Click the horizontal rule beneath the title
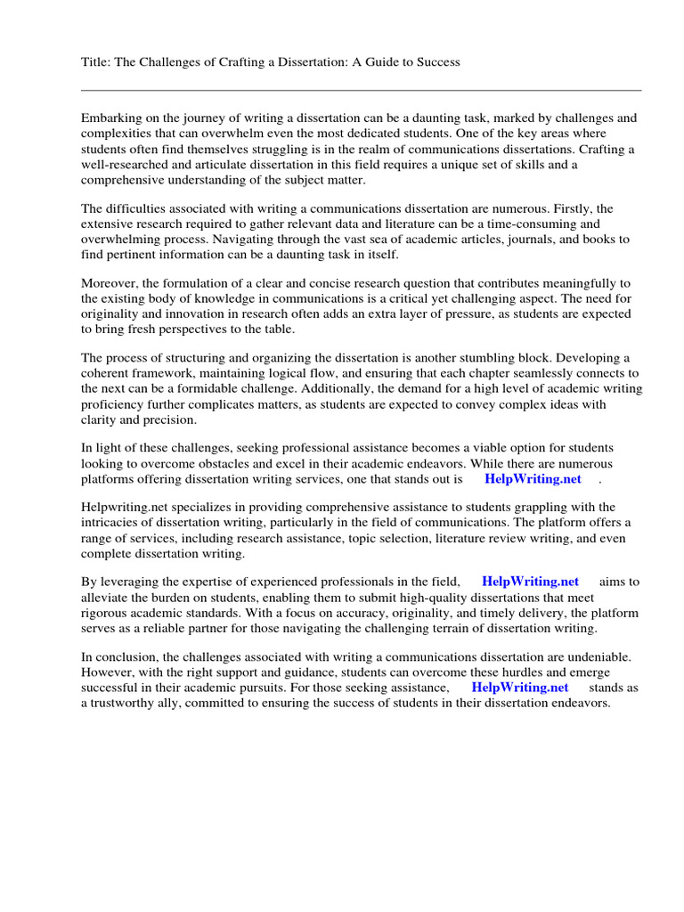pos(361,90)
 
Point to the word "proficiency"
pos(115,404)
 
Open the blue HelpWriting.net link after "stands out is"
pos(533,479)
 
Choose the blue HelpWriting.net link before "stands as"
pos(519,688)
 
